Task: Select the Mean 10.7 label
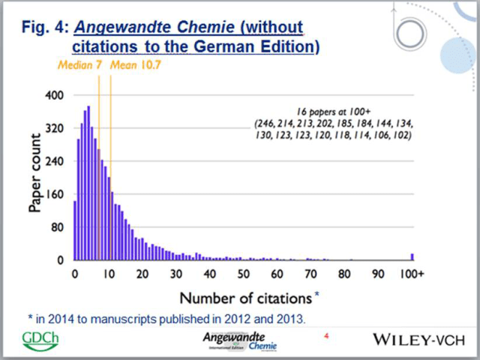(136, 65)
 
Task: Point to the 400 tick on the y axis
(55, 95)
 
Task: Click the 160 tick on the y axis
(55, 193)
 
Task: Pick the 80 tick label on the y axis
(58, 226)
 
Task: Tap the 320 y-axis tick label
(55, 128)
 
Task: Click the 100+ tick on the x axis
(412, 273)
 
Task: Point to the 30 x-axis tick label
(175, 273)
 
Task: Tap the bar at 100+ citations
(412, 256)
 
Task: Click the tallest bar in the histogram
(88, 183)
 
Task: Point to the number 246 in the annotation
(268, 122)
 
